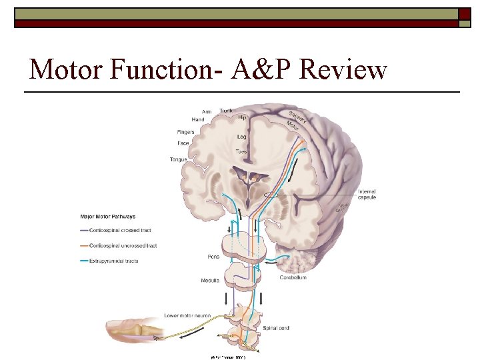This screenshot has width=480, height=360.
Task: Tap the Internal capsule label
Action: tap(367, 194)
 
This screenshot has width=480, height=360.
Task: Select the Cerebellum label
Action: tap(293, 277)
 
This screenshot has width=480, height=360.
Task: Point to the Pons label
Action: tap(214, 257)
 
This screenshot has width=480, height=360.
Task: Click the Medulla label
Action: tap(210, 281)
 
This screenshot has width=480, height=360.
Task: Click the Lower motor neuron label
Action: tap(187, 315)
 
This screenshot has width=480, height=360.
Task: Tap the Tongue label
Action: tap(178, 159)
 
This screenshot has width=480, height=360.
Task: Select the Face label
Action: tap(183, 143)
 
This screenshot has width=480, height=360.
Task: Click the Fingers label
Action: tap(185, 132)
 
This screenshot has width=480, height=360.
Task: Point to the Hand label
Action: tap(198, 119)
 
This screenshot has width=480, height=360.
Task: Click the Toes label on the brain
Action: tap(241, 152)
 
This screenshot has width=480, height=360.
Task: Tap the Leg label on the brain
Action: tap(241, 137)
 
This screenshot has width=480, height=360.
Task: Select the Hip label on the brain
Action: tap(242, 117)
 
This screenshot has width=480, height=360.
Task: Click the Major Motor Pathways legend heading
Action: tap(107, 217)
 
